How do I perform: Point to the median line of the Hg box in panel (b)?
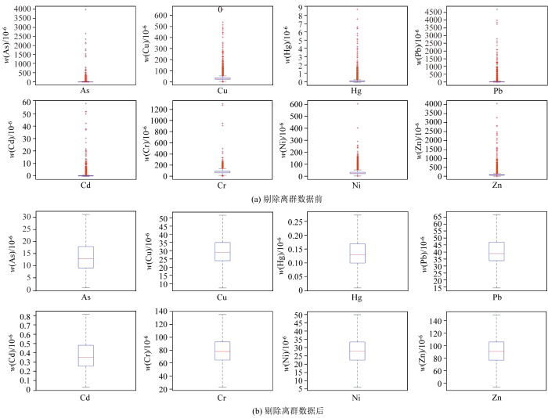[x=357, y=254]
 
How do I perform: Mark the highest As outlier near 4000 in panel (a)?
[x=85, y=9]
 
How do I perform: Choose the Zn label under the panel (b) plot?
[x=495, y=397]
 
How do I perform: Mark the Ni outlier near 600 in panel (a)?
[x=357, y=104]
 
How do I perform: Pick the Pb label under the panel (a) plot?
[x=495, y=91]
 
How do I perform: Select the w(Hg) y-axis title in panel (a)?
[x=284, y=45]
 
